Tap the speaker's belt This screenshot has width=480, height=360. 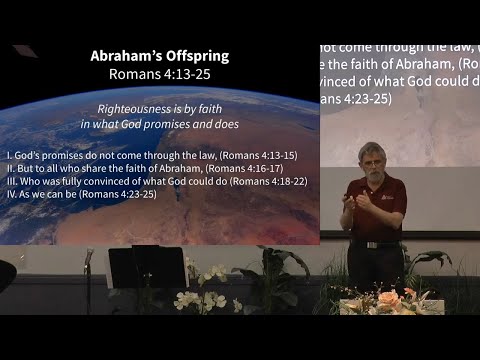(x=374, y=243)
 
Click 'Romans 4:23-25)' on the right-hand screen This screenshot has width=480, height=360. (x=355, y=99)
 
